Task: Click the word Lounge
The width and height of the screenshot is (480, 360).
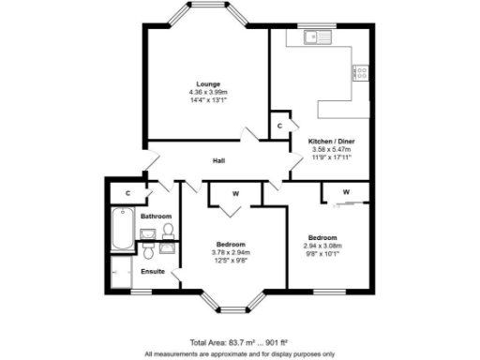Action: click(x=208, y=83)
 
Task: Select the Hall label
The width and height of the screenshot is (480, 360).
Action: click(x=218, y=160)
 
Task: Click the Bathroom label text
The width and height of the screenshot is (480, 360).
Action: click(x=156, y=216)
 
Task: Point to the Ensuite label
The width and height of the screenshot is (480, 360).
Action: click(x=153, y=271)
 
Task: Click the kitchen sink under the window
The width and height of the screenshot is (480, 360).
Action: click(x=318, y=38)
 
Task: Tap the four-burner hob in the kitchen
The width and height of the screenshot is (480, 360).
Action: click(x=360, y=71)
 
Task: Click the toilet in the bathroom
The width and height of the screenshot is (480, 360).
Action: click(x=168, y=230)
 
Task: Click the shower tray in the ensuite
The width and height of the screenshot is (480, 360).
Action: click(x=121, y=275)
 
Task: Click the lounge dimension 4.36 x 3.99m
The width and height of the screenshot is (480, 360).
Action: click(x=208, y=92)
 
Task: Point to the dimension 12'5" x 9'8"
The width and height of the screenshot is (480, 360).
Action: click(x=229, y=261)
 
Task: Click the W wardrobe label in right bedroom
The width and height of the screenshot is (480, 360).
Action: click(x=346, y=192)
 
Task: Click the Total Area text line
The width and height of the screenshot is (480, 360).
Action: click(x=239, y=341)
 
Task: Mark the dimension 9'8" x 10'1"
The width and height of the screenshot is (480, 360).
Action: click(x=322, y=251)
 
